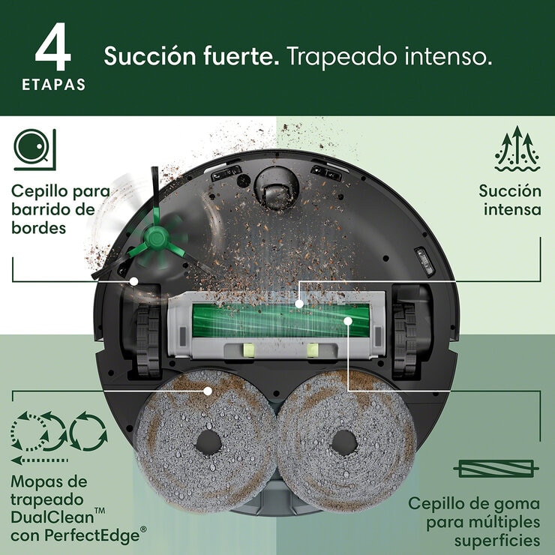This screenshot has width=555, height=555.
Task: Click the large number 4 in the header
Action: (53, 47)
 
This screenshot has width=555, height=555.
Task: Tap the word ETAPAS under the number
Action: (53, 85)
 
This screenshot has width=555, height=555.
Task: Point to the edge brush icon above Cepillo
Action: (34, 148)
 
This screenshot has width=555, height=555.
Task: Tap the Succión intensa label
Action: (510, 199)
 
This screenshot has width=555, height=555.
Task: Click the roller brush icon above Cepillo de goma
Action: (496, 469)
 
